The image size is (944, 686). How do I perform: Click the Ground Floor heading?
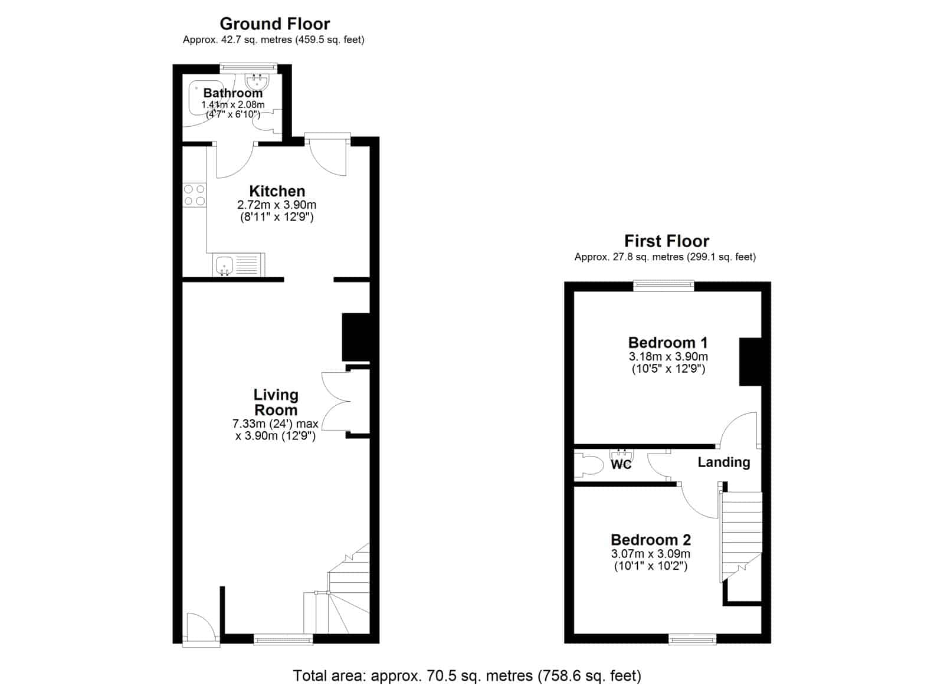click(x=275, y=24)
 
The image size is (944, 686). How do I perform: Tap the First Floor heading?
click(x=666, y=241)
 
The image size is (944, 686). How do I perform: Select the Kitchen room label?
click(x=277, y=191)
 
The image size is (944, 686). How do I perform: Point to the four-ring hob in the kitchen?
click(x=194, y=195)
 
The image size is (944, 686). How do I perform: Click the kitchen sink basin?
click(x=225, y=265)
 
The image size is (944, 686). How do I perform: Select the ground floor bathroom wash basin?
click(x=256, y=81)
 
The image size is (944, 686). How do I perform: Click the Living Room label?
click(x=276, y=402)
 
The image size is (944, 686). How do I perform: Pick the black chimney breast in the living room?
click(x=356, y=337)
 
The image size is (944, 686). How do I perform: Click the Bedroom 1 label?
click(x=668, y=343)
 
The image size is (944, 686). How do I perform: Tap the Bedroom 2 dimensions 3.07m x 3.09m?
click(x=651, y=554)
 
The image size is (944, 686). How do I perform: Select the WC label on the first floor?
click(x=621, y=464)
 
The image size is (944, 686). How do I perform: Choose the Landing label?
click(x=724, y=462)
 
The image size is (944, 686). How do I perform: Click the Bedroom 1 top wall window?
click(x=664, y=286)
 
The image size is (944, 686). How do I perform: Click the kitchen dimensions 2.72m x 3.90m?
click(x=277, y=205)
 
